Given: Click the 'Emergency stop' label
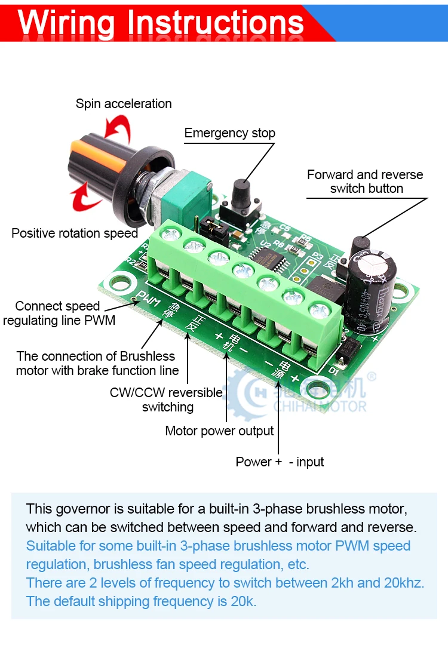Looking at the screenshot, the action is click(x=229, y=133).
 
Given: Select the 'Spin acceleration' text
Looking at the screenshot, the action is click(x=124, y=104).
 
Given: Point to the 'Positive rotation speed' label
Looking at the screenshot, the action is click(x=75, y=233).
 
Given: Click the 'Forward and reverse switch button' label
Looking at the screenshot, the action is click(x=365, y=182).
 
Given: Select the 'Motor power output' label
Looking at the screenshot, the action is click(x=219, y=431).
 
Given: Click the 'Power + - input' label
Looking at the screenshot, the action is click(x=280, y=462).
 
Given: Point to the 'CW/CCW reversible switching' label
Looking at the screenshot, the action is click(x=167, y=400).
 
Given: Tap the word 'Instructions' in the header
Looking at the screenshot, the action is click(x=216, y=22).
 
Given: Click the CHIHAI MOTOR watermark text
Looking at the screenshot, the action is click(x=320, y=407).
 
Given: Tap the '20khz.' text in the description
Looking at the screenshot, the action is click(x=404, y=583).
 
